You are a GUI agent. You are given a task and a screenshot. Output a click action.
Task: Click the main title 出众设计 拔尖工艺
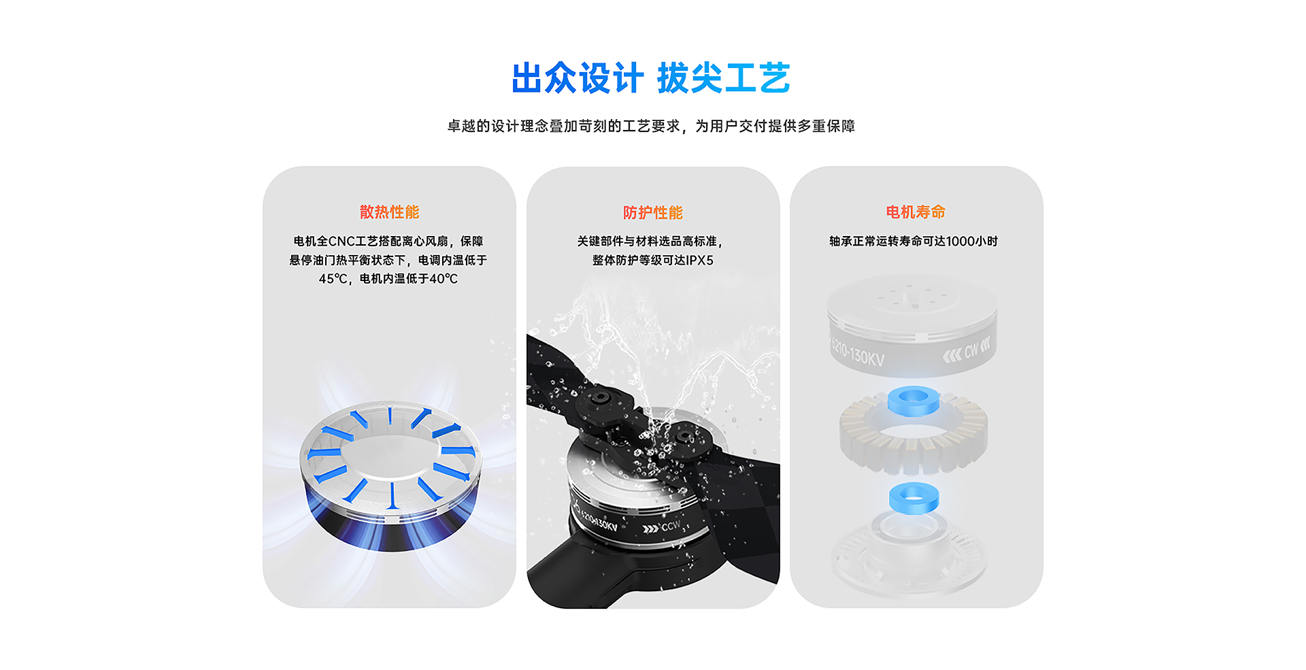[651, 78]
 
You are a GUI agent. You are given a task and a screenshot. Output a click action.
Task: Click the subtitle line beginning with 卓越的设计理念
[651, 127]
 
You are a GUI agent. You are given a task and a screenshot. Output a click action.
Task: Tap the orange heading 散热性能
[389, 212]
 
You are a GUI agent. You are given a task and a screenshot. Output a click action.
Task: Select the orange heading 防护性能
[653, 213]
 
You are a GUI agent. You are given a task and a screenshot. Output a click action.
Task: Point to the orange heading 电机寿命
[916, 212]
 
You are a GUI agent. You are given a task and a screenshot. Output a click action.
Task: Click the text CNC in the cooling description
[341, 241]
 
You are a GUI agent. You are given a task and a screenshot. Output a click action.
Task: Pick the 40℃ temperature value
[443, 279]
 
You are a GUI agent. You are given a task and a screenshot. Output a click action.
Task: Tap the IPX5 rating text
[700, 261]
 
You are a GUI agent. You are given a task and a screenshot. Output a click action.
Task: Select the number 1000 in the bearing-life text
[960, 241]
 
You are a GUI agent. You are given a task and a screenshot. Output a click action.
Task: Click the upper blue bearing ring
[914, 401]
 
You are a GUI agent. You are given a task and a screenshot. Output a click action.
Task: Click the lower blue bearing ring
[914, 498]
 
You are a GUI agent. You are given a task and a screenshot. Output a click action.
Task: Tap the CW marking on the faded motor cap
[971, 350]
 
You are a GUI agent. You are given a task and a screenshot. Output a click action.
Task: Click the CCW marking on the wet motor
[670, 526]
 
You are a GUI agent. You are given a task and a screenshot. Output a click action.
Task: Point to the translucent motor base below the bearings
[909, 554]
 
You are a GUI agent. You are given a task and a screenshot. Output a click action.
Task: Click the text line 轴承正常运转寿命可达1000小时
[914, 241]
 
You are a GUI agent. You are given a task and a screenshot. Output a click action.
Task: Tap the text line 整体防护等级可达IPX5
[653, 261]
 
